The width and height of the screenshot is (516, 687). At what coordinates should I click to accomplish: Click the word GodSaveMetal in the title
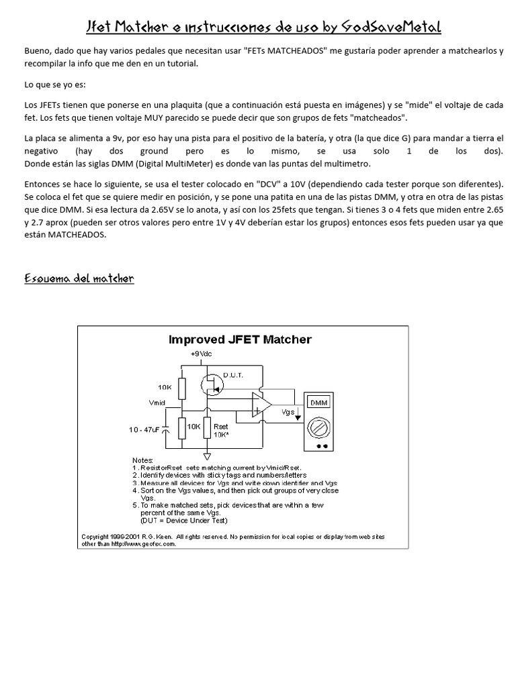point(391,27)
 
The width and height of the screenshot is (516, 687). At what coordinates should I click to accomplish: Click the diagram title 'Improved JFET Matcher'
point(240,339)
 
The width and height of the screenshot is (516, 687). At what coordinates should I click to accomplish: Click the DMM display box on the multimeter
point(318,403)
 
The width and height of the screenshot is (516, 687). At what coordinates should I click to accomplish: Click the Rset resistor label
point(220,425)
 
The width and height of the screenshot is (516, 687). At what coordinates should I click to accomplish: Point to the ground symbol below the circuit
point(209,457)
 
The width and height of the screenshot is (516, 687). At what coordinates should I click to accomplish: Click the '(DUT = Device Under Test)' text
point(184,521)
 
